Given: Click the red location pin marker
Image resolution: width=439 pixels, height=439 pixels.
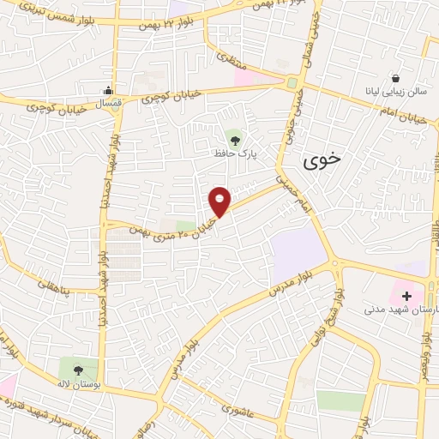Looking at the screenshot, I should click(x=220, y=201).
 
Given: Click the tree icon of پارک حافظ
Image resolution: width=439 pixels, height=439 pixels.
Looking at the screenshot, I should click(x=234, y=136).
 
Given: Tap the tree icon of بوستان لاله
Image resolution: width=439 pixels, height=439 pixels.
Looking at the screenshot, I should click(x=78, y=370).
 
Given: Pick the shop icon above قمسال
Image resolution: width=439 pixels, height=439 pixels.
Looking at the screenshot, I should click(x=109, y=90).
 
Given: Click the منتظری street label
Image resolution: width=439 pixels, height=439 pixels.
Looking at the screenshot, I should click(x=232, y=62).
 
